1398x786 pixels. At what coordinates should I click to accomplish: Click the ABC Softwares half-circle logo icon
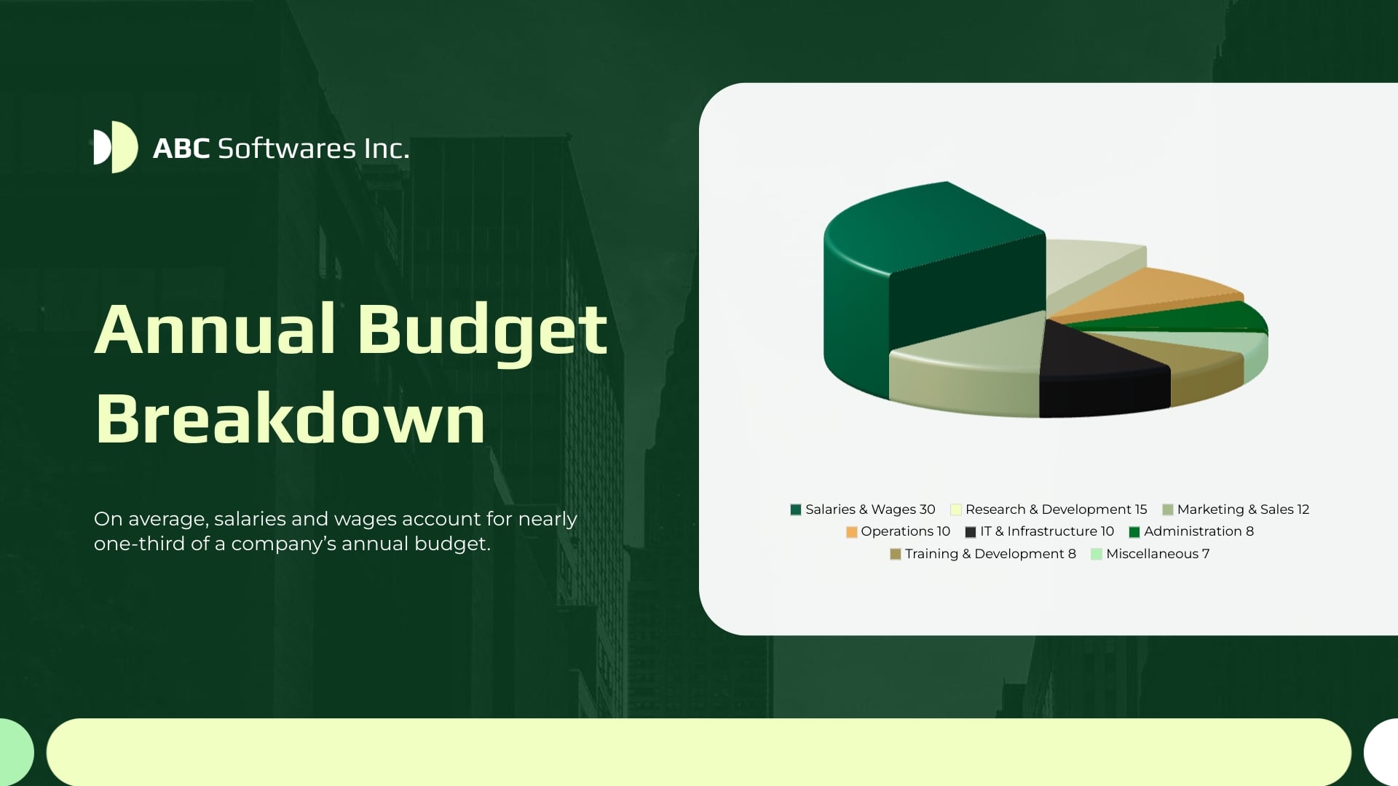tap(115, 147)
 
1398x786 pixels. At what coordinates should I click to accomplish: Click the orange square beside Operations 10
tap(851, 532)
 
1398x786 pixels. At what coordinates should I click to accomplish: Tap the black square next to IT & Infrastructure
tap(970, 532)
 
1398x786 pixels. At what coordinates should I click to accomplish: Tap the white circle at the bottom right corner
tap(1383, 753)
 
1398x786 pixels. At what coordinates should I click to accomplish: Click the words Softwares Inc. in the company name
tap(313, 148)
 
